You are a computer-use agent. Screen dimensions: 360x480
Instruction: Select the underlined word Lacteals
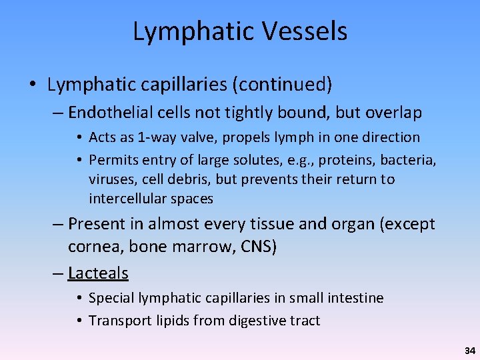point(98,273)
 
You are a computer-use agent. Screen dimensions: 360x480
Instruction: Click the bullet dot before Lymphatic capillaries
point(33,85)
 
